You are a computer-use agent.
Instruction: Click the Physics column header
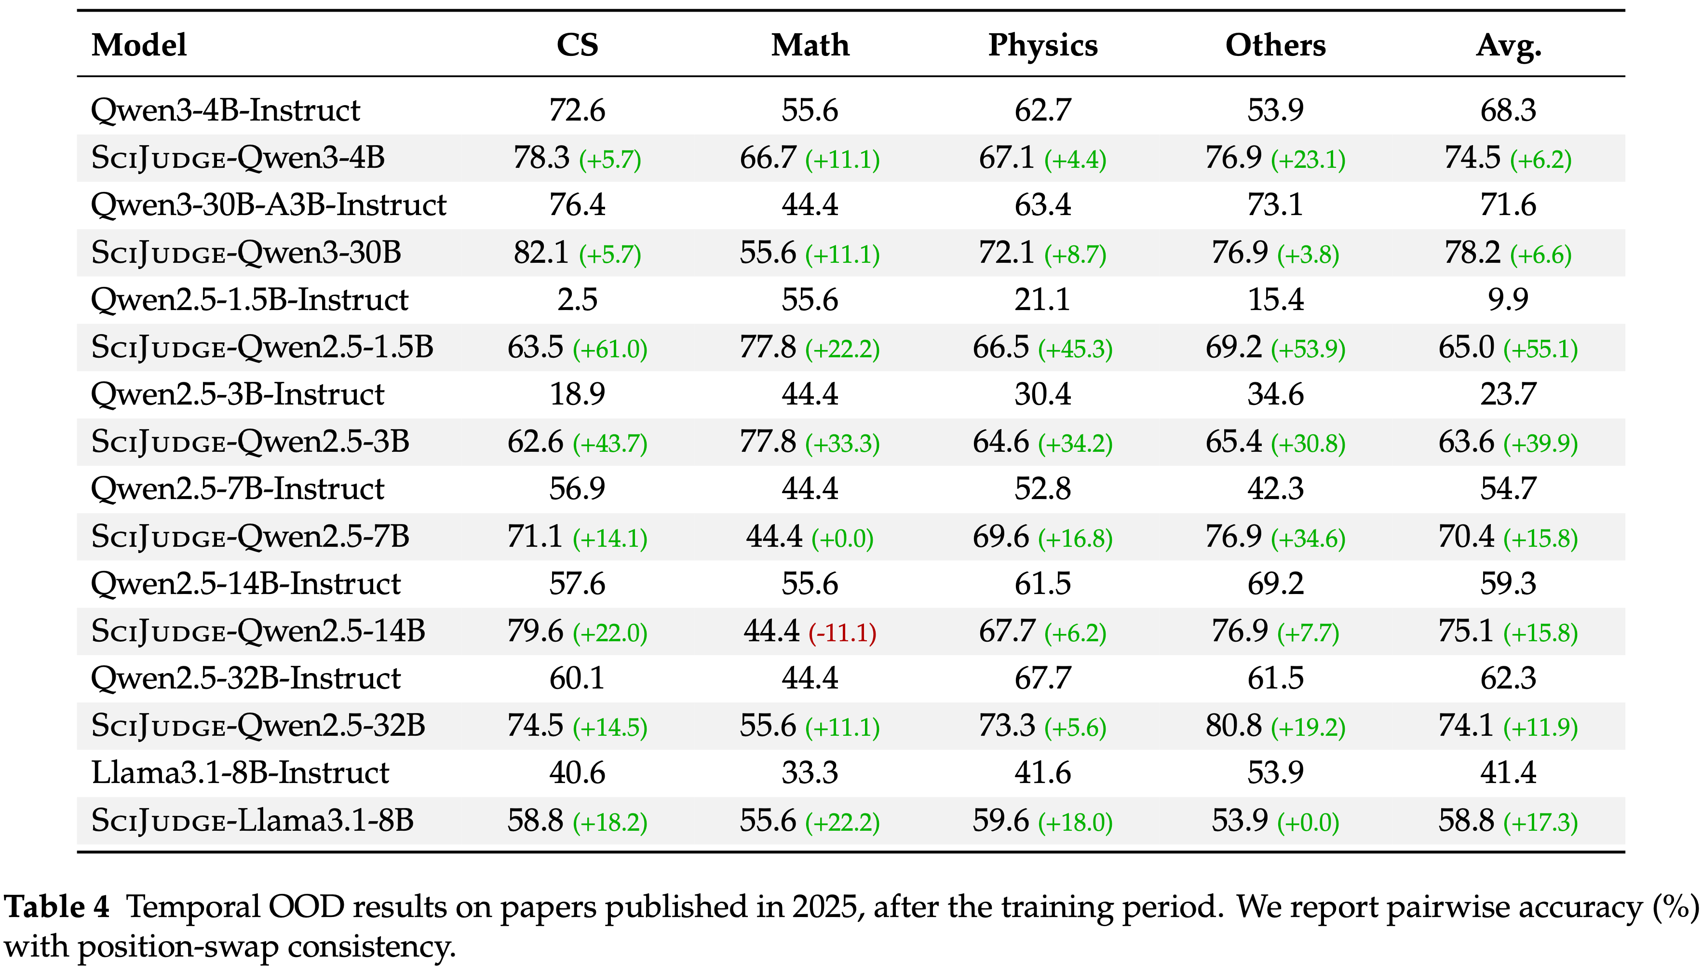[x=1042, y=45]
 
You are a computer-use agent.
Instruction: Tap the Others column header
[x=1275, y=45]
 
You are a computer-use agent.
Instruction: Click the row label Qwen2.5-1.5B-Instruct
[x=249, y=299]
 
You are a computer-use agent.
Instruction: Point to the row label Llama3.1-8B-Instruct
[x=240, y=773]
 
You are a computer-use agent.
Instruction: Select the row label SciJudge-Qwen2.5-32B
[x=257, y=726]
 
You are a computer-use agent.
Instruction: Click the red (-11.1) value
[x=842, y=632]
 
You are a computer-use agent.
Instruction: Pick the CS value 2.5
[x=577, y=299]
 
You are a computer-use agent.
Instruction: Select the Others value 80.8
[x=1233, y=726]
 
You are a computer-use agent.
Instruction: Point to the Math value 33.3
[x=810, y=773]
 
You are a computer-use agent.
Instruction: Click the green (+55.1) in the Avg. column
[x=1540, y=349]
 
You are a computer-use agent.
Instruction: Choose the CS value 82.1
[x=541, y=253]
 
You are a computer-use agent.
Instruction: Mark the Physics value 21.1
[x=1042, y=299]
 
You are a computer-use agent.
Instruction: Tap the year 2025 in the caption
[x=824, y=907]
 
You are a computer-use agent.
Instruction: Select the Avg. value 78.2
[x=1472, y=253]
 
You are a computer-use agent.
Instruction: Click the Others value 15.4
[x=1275, y=299]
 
